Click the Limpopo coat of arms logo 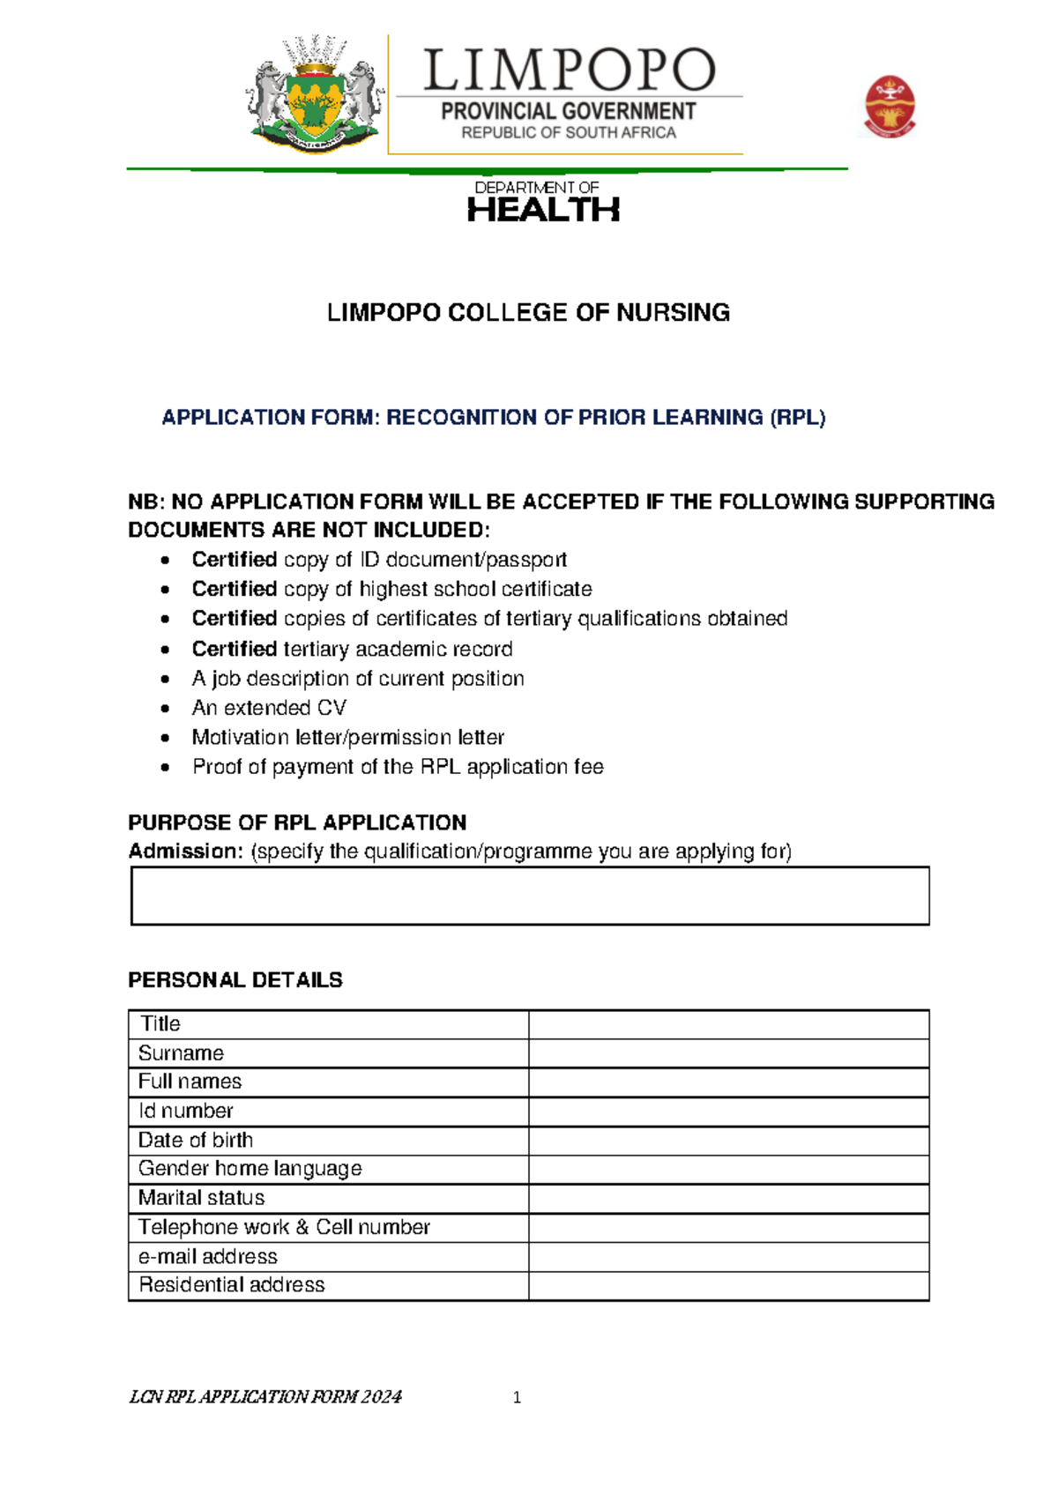tap(315, 95)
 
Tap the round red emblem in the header tap(890, 107)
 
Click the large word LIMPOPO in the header tap(569, 71)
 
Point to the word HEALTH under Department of tap(543, 210)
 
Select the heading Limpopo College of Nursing tap(528, 312)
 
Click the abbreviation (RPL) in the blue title tap(797, 417)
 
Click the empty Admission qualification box tap(530, 896)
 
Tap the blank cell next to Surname tap(728, 1053)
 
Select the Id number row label tap(186, 1111)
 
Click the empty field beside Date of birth tap(728, 1141)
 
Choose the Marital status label tap(201, 1198)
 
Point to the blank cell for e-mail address tap(728, 1256)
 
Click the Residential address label tap(231, 1285)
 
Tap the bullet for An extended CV tap(165, 709)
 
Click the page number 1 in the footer tap(517, 1397)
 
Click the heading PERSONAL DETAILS tap(235, 979)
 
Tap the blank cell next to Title tap(728, 1024)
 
